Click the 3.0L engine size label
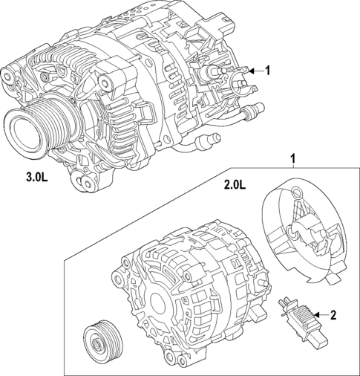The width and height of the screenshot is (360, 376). coord(36,178)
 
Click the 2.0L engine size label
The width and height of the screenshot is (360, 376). coord(233,185)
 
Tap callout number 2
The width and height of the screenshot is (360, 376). coord(333,316)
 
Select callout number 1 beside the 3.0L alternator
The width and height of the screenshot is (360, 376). coord(269,71)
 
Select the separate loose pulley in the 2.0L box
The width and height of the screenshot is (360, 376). coord(101,339)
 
